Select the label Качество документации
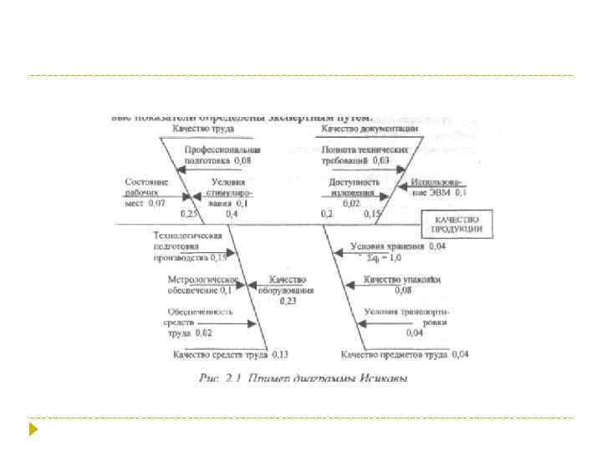click(x=370, y=129)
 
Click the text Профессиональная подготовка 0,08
click(x=217, y=154)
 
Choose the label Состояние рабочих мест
click(x=146, y=191)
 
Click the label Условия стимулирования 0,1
click(x=228, y=191)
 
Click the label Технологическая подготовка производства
click(x=189, y=246)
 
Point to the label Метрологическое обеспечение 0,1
click(x=202, y=284)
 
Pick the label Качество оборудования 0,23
click(x=287, y=289)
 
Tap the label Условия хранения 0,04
click(x=398, y=246)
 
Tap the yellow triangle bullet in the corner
click(x=33, y=431)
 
